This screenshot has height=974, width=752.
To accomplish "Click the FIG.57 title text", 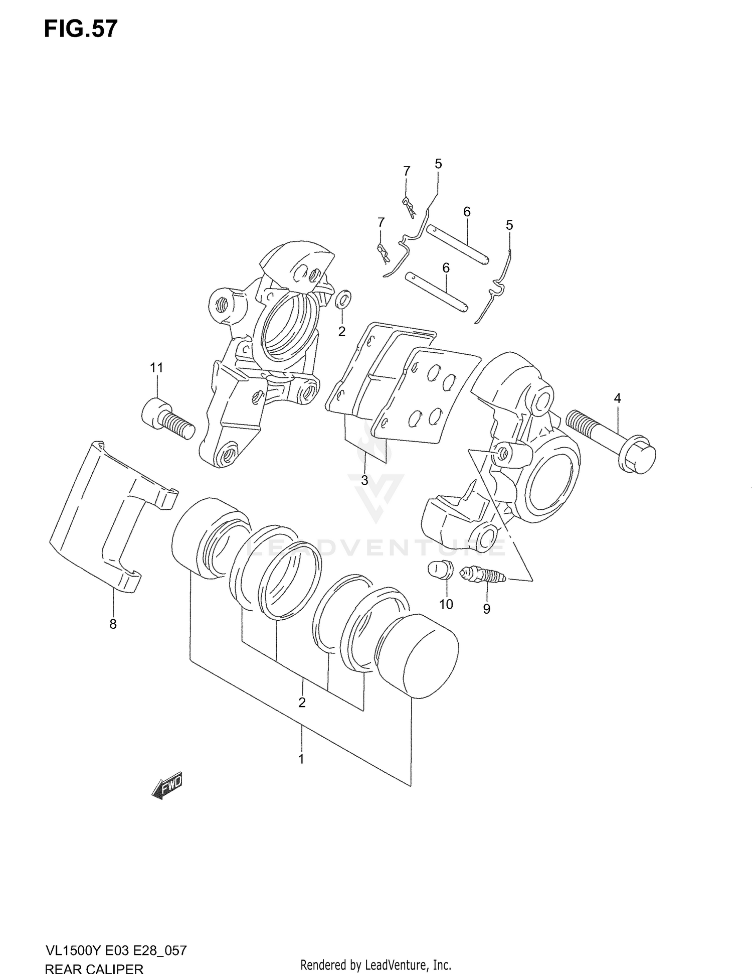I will pyautogui.click(x=80, y=29).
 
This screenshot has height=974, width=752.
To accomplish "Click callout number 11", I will pyautogui.click(x=156, y=368).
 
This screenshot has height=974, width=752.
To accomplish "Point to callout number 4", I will pyautogui.click(x=617, y=398).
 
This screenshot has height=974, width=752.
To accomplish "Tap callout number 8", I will pyautogui.click(x=113, y=624).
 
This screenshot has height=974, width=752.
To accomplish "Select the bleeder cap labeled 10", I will pyautogui.click(x=440, y=570).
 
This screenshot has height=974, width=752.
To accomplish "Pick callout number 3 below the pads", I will pyautogui.click(x=364, y=480).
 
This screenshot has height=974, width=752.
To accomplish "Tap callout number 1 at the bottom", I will pyautogui.click(x=301, y=759).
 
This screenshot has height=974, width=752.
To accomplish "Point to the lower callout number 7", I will pyautogui.click(x=381, y=222).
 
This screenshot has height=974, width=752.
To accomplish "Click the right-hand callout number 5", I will pyautogui.click(x=509, y=225).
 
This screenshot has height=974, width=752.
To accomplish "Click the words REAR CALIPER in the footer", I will pyautogui.click(x=94, y=967).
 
